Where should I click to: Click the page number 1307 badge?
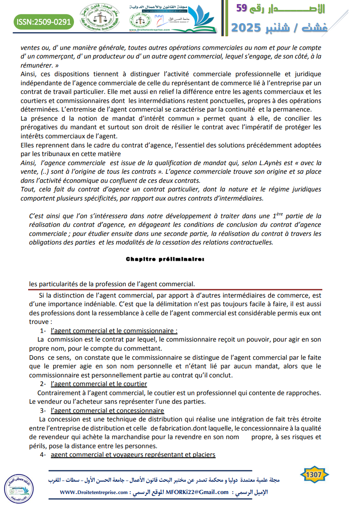point(314,475)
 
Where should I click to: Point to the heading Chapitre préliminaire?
point(165,259)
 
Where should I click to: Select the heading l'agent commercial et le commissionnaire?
point(114,331)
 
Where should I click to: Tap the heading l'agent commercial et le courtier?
point(99,384)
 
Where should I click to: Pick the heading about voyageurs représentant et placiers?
point(133,455)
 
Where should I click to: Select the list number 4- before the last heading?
point(43,455)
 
